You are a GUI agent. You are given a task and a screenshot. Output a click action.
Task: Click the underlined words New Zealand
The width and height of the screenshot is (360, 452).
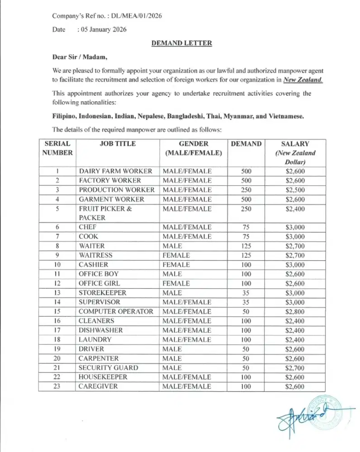pyautogui.click(x=303, y=80)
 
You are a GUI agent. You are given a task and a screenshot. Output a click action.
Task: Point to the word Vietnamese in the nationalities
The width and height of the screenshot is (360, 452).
pyautogui.click(x=286, y=116)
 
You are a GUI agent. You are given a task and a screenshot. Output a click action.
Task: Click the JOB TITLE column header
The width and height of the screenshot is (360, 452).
pyautogui.click(x=117, y=144)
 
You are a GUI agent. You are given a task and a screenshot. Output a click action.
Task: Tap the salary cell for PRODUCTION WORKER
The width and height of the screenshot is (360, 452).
pyautogui.click(x=294, y=190)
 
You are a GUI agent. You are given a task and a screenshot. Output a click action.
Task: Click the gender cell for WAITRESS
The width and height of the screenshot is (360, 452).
pyautogui.click(x=176, y=255)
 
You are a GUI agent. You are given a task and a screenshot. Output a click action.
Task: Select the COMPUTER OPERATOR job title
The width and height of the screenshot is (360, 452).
pyautogui.click(x=116, y=311)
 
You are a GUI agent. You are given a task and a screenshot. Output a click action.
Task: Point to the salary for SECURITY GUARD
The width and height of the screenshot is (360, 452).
pyautogui.click(x=294, y=367)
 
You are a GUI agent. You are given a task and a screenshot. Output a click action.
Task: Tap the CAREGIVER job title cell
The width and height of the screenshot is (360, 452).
pyautogui.click(x=98, y=386)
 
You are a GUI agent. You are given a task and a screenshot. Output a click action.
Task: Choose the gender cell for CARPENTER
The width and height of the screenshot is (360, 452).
pyautogui.click(x=172, y=358)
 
